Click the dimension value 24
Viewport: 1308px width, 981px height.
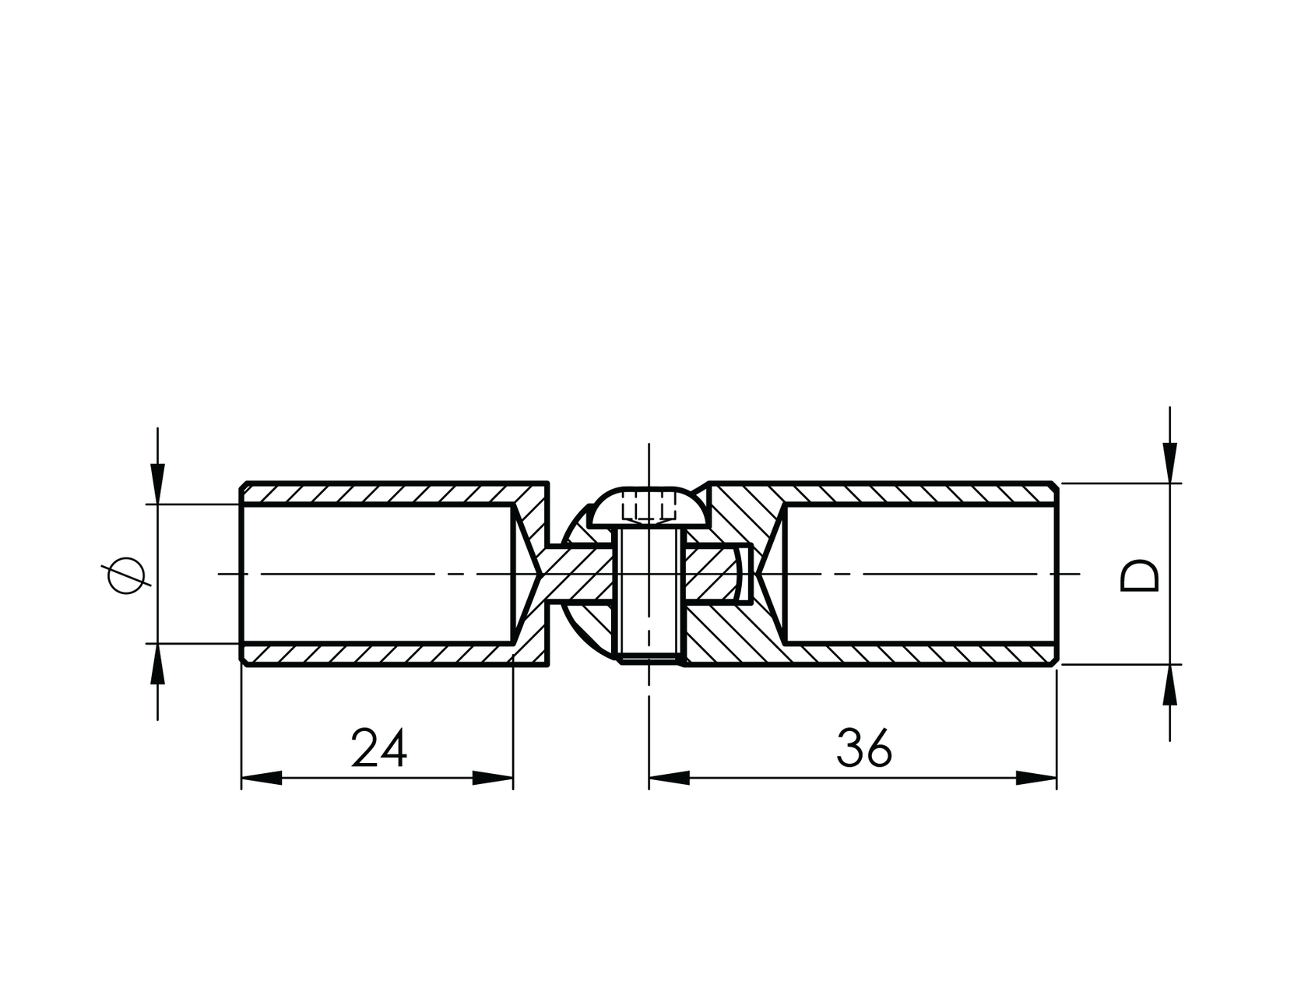click(379, 747)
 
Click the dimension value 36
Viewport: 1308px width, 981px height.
click(864, 747)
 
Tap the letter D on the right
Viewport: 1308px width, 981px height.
click(1139, 575)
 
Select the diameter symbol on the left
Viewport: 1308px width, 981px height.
click(125, 576)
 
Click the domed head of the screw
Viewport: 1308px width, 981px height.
click(649, 508)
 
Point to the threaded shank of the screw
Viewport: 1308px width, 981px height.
click(649, 596)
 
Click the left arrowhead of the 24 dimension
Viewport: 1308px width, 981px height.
click(262, 778)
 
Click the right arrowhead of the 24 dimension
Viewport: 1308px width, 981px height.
click(493, 778)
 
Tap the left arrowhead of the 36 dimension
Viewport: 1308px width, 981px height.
click(670, 778)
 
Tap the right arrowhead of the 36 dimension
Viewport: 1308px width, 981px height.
click(1036, 778)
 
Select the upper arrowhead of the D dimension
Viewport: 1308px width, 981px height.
click(1169, 462)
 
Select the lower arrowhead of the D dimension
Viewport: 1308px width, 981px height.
click(1169, 685)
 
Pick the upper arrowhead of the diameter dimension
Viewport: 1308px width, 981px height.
click(157, 483)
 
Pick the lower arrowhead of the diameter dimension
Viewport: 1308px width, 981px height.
click(157, 663)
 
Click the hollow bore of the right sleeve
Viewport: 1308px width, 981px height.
click(921, 574)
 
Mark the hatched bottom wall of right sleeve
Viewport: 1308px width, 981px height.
click(870, 654)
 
